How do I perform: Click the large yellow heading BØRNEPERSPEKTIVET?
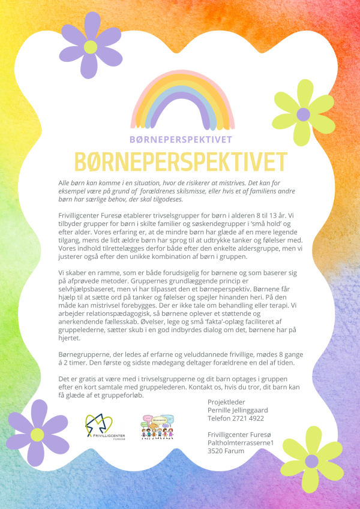(179, 161)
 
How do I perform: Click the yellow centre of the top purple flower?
(90, 47)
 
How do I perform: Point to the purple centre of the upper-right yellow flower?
(304, 114)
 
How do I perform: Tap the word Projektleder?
(227, 402)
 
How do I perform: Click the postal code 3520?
(217, 451)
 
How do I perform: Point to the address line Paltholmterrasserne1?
(241, 442)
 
